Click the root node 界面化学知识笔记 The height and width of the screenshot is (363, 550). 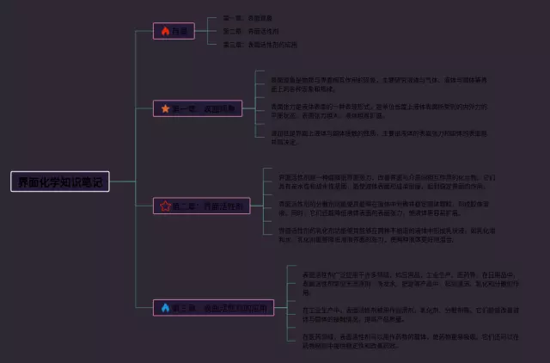tap(60, 181)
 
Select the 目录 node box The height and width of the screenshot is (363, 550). tap(174, 31)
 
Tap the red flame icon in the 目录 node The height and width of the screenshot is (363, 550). tap(164, 31)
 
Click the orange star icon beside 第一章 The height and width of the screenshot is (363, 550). tap(164, 108)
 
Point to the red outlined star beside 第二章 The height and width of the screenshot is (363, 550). tap(164, 206)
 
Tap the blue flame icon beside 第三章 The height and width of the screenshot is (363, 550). tap(164, 307)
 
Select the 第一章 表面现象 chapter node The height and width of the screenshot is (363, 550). tap(198, 108)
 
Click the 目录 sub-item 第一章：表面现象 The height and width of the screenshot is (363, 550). tap(248, 18)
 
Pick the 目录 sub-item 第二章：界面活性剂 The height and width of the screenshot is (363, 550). tap(251, 31)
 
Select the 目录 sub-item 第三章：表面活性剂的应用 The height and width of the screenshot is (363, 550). tap(260, 44)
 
